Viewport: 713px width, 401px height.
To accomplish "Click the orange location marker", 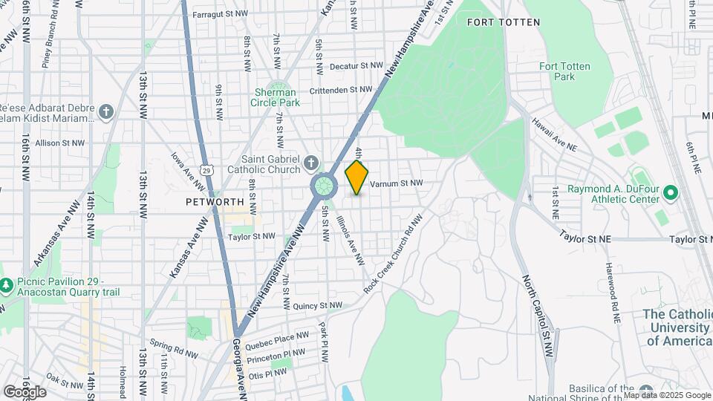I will coord(357,177).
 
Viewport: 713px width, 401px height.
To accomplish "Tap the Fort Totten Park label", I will coord(564,71).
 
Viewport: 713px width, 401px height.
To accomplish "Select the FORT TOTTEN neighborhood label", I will coord(504,22).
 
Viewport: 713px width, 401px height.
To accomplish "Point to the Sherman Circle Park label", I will coord(278,97).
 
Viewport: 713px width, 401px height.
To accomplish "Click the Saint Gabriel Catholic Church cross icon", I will coord(311,162).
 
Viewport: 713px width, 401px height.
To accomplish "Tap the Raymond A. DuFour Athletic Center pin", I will coord(671,194).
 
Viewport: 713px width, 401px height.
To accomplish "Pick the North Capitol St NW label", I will coord(538,316).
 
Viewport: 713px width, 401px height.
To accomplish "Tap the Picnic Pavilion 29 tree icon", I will coord(6,284).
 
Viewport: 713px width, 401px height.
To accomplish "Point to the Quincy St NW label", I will coord(318,305).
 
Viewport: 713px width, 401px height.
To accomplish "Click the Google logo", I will coord(25,391).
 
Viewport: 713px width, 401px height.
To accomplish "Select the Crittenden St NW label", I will coord(341,89).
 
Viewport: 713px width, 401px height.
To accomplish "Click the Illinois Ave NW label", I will coord(351,241).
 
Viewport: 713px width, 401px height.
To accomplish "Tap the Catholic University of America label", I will coord(677,327).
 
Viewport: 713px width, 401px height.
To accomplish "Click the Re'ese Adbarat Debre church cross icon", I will coord(106,112).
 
